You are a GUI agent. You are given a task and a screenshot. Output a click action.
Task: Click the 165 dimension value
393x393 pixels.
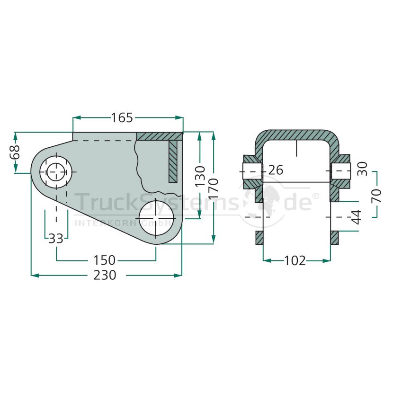tap(122, 118)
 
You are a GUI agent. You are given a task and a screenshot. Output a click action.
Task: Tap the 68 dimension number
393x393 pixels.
tap(15, 152)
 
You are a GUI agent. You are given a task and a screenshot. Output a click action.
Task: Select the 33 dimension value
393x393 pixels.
tap(56, 238)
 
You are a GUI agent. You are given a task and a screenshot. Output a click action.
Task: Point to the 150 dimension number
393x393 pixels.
tap(104, 260)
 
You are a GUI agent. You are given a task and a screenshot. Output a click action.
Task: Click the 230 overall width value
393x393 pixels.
tap(105, 275)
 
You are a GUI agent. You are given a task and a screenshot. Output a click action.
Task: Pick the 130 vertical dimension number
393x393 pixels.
tap(200, 176)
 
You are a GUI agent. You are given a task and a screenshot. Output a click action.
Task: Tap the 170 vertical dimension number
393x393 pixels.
tap(213, 189)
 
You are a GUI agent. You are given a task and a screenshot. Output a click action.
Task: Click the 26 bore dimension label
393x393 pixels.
tap(276, 170)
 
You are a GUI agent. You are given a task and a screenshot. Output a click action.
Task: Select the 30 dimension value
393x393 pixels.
tap(362, 169)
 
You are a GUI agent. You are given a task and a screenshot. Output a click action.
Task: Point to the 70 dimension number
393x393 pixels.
tap(376, 196)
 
